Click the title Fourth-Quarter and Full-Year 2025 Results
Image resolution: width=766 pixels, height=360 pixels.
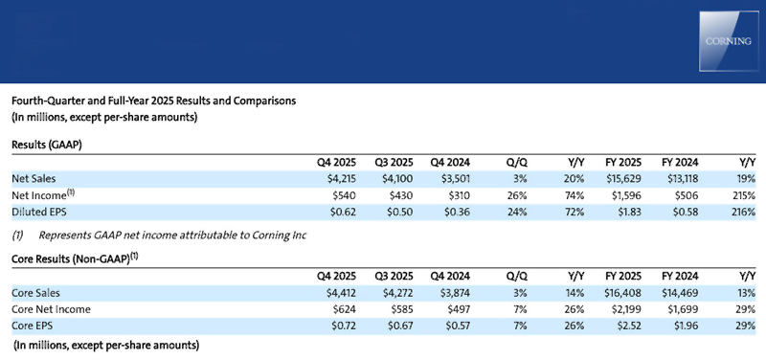[x=152, y=100]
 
